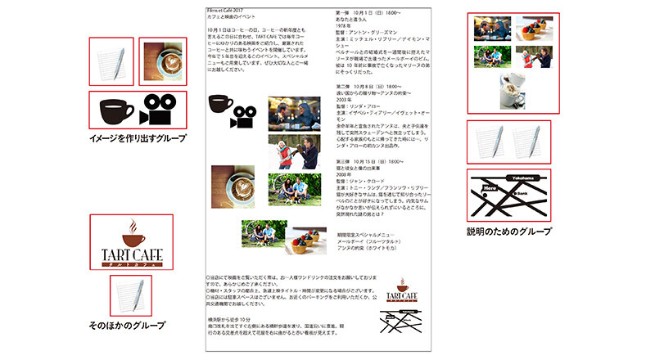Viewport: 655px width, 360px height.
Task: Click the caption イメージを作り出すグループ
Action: tap(131, 139)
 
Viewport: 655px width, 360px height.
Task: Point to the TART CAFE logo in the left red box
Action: tap(131, 243)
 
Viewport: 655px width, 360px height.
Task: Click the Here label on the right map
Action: tap(490, 187)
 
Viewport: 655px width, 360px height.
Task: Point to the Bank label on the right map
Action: tap(519, 193)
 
